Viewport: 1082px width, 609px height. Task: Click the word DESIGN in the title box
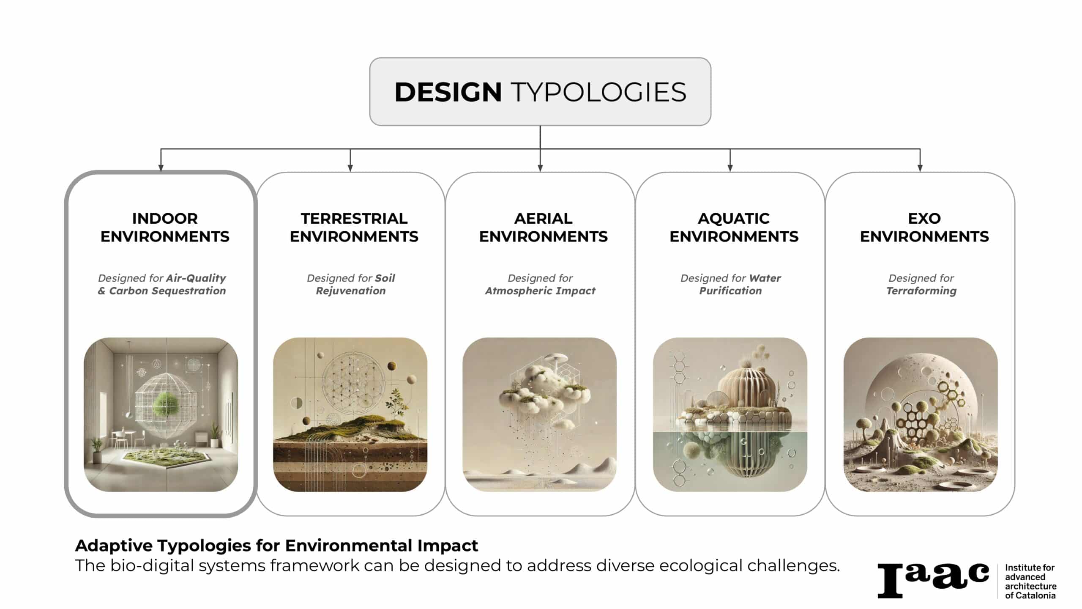pyautogui.click(x=448, y=92)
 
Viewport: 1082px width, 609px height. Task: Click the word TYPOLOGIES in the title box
pyautogui.click(x=598, y=92)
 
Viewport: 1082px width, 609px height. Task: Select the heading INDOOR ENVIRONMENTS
pyautogui.click(x=165, y=228)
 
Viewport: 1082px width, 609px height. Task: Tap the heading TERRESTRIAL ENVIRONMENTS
pyautogui.click(x=354, y=228)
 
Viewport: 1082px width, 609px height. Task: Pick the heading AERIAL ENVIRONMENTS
pyautogui.click(x=544, y=228)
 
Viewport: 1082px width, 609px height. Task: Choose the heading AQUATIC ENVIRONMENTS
pyautogui.click(x=734, y=228)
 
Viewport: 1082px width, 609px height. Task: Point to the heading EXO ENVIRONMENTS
pyautogui.click(x=924, y=228)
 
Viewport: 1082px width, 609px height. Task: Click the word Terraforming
pyautogui.click(x=921, y=291)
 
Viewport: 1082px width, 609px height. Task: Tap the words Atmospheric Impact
pyautogui.click(x=540, y=291)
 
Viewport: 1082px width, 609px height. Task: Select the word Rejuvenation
pyautogui.click(x=351, y=291)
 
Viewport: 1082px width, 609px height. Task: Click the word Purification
pyautogui.click(x=730, y=291)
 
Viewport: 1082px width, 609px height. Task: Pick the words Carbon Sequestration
pyautogui.click(x=167, y=291)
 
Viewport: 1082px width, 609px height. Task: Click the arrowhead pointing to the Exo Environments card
pyautogui.click(x=920, y=168)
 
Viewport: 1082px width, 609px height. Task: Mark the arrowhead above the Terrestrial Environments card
pyautogui.click(x=350, y=168)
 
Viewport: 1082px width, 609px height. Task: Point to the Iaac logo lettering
pyautogui.click(x=933, y=580)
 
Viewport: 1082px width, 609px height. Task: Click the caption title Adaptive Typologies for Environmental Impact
pyautogui.click(x=276, y=546)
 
